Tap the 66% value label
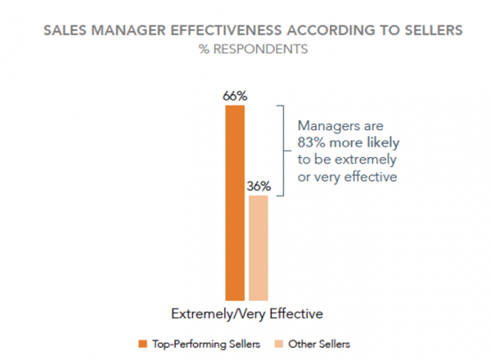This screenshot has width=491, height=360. pyautogui.click(x=235, y=97)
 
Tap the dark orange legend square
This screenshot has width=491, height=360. pyautogui.click(x=143, y=343)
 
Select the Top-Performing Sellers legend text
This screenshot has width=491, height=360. pyautogui.click(x=203, y=343)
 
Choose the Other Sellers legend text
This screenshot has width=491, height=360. pyautogui.click(x=320, y=343)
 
